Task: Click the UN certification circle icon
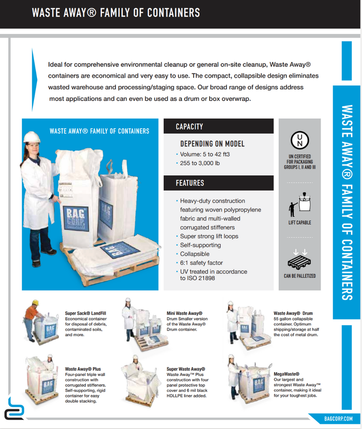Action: coord(300,140)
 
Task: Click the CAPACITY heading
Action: coord(189,127)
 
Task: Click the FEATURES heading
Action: coord(190,183)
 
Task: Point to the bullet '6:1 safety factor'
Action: coord(202,263)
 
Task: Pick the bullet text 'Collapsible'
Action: coord(195,254)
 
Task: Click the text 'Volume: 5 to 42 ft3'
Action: coord(205,154)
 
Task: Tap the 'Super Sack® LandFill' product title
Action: coord(85,313)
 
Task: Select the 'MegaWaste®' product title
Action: coord(287,374)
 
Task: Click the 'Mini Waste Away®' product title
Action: coord(184,313)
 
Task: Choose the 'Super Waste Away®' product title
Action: coord(186,369)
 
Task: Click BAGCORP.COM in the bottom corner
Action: coord(338,419)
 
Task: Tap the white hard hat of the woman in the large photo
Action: coord(32,137)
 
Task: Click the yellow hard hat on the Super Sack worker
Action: coord(35,302)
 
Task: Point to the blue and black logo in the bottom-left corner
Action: coord(14,408)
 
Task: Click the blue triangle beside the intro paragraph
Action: coord(34,80)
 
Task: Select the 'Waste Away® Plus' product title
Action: coord(83,369)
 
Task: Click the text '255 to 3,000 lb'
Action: coord(200,163)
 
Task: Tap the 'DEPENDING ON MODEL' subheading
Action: coord(212,144)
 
